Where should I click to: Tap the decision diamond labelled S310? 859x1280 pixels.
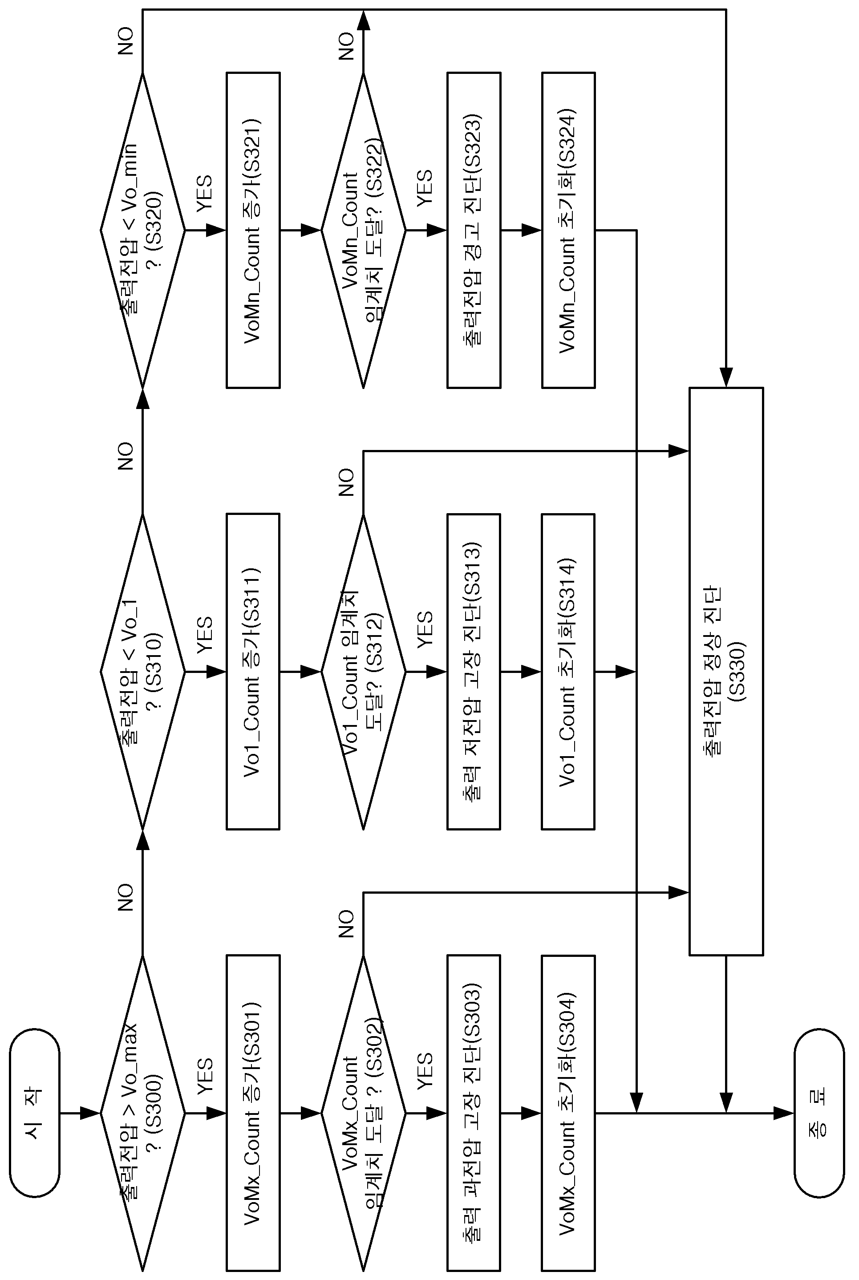click(x=142, y=672)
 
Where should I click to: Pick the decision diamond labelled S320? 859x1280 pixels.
click(x=142, y=231)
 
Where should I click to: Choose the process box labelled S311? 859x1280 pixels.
click(x=253, y=672)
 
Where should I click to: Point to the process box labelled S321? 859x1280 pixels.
click(x=253, y=231)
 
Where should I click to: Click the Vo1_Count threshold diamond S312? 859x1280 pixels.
click(x=363, y=672)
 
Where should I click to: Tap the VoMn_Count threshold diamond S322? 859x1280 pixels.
click(x=363, y=231)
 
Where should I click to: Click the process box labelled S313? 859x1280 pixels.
click(x=474, y=672)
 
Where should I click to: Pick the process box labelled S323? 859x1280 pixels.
click(x=474, y=231)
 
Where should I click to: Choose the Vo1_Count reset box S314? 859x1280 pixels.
click(x=568, y=672)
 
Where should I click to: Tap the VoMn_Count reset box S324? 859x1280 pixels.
click(x=568, y=231)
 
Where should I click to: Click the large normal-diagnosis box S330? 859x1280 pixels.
click(x=726, y=672)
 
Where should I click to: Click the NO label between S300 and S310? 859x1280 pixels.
click(x=126, y=897)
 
